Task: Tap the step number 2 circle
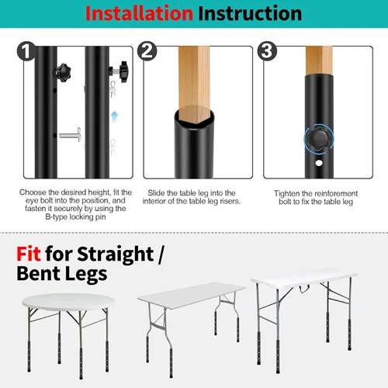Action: tap(149, 53)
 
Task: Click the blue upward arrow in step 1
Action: tap(116, 116)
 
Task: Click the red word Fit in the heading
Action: tap(31, 254)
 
